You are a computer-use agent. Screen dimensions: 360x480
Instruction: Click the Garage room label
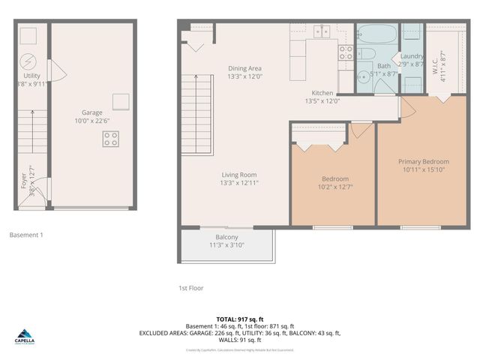[92, 112]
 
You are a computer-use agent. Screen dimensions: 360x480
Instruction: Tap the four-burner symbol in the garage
[111, 139]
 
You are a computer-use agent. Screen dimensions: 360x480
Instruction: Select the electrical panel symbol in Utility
[28, 60]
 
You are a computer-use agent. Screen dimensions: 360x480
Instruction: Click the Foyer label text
[23, 181]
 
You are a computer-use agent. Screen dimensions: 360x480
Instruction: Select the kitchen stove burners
[346, 52]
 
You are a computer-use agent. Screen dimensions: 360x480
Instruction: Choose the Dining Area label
[244, 68]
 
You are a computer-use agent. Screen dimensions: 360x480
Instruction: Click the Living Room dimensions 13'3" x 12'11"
[238, 183]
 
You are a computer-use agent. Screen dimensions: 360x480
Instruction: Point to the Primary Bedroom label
[424, 161]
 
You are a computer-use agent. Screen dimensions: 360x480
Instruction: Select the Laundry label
[412, 55]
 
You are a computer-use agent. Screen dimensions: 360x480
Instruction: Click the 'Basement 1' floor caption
[26, 235]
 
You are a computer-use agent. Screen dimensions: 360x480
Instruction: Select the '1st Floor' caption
[190, 288]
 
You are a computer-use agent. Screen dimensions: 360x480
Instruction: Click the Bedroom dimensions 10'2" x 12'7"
[334, 187]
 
